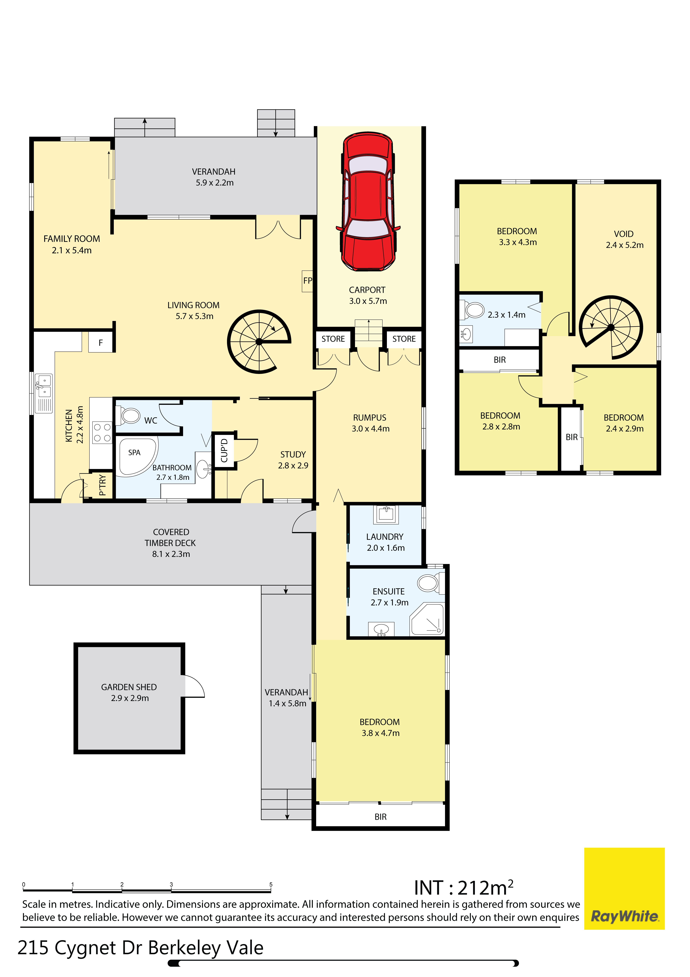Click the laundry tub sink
(x=386, y=514)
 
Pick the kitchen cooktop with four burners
(x=102, y=433)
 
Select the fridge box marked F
(x=101, y=343)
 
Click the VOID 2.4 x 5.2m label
(x=624, y=240)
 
